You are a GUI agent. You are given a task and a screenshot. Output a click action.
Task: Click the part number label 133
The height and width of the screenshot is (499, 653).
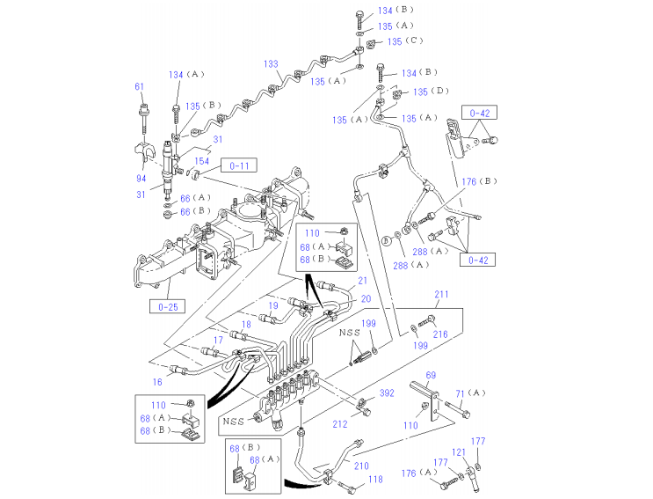coord(272,64)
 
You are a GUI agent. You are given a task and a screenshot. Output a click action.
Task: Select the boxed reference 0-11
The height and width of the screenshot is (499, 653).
coord(239,165)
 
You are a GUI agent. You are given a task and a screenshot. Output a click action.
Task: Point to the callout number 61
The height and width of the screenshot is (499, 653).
coord(139,86)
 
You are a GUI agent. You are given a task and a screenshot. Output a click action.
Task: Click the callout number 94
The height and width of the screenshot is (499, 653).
coord(141,180)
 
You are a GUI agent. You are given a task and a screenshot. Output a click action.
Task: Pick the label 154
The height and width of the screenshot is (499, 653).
coord(201,161)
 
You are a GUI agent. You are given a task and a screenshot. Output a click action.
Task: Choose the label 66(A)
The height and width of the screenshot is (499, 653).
coord(196,198)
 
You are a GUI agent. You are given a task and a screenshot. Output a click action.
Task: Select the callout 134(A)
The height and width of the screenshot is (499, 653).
coord(186,75)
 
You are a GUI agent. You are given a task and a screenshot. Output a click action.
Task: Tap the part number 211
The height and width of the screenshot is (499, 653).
coord(440,294)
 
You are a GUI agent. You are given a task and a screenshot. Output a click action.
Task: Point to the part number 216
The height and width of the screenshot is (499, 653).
coord(440,334)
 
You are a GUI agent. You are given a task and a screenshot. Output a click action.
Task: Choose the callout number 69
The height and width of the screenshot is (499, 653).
coord(431,376)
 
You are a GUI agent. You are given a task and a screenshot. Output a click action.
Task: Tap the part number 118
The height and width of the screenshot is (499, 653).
coord(375,480)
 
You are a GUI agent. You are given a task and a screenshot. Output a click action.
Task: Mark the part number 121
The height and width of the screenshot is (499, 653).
coord(458,452)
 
